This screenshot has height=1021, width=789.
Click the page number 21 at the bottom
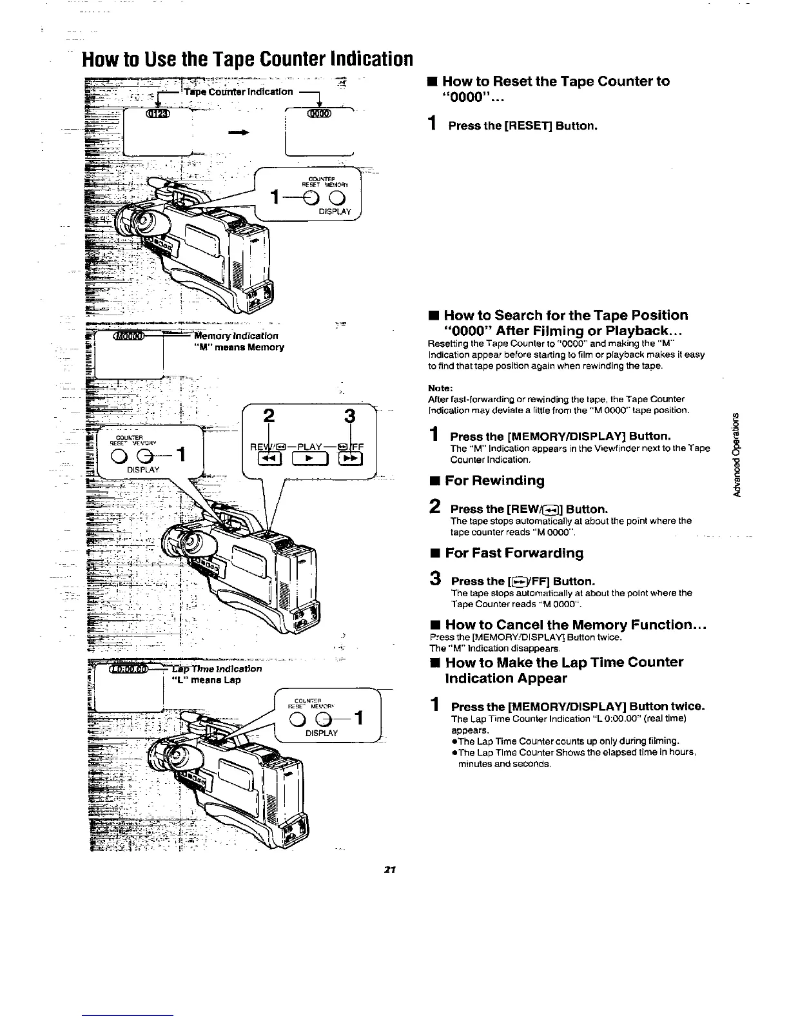pos(389,869)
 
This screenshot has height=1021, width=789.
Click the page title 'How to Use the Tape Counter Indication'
pos(246,59)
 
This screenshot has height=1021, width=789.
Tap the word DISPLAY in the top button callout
pos(335,212)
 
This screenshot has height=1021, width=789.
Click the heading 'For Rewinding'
pos(494,480)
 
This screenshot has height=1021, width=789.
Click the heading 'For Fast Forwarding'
pos(514,553)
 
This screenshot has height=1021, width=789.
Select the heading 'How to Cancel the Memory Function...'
pos(577,625)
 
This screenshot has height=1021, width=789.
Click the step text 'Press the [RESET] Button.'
pos(523,126)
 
